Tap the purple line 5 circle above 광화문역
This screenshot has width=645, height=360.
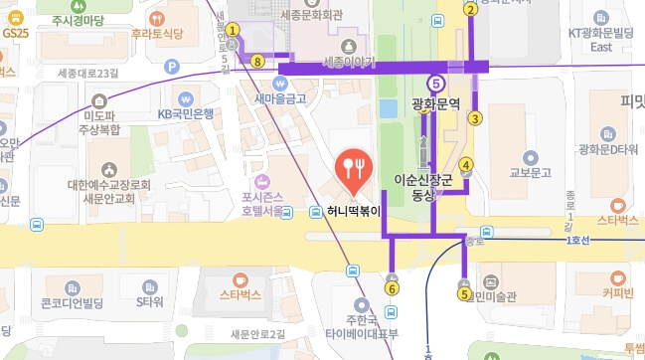pos(435,84)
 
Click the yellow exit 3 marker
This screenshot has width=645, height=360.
pos(475,119)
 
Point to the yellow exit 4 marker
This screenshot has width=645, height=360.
pos(466,166)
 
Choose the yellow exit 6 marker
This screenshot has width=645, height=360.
pos(392,288)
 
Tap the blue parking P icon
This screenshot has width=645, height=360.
pos(172,68)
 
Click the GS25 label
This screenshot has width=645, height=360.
pos(16,33)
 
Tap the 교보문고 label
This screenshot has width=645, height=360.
pos(530,172)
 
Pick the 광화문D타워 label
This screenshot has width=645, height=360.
pos(608,149)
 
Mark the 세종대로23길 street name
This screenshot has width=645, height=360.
pos(88,73)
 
